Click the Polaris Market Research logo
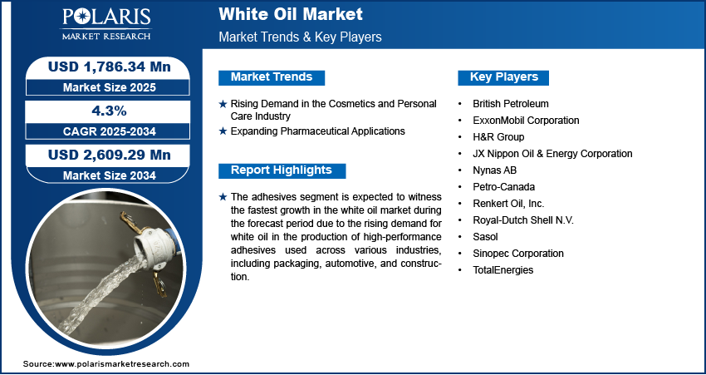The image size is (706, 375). click(x=106, y=24)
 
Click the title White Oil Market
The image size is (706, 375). click(x=291, y=14)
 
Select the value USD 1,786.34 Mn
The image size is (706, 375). click(x=110, y=67)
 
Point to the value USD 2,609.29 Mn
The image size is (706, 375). click(x=110, y=155)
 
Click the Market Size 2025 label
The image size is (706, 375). click(x=110, y=87)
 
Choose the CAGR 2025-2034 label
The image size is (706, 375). click(x=110, y=131)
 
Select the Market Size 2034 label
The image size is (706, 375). click(x=110, y=175)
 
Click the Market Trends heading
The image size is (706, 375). click(x=272, y=77)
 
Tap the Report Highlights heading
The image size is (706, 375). click(x=282, y=170)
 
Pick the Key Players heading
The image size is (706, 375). click(x=504, y=77)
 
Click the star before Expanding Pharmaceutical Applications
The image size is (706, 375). click(x=223, y=131)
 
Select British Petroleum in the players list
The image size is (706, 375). click(x=511, y=104)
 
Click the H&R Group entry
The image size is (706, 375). click(x=498, y=136)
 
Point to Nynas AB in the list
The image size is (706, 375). click(x=494, y=170)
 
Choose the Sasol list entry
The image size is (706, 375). click(x=485, y=237)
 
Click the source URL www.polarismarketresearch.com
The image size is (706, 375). click(x=122, y=364)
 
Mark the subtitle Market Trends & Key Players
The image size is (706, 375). click(x=301, y=37)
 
